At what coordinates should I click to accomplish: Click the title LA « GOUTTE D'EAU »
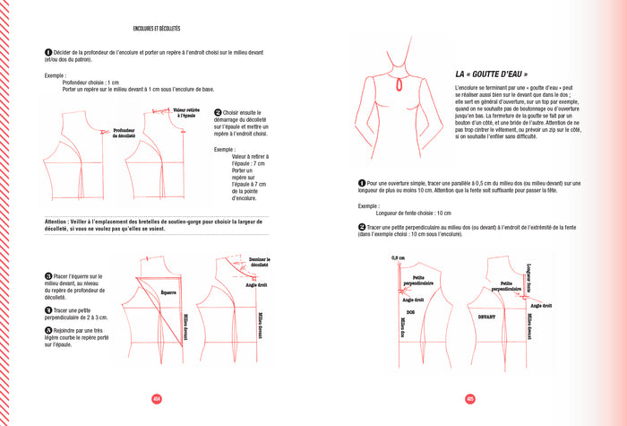tap(491, 74)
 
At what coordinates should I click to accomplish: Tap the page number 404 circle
tap(156, 398)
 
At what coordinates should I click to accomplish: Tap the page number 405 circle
tap(469, 398)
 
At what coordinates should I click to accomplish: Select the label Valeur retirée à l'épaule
tap(186, 113)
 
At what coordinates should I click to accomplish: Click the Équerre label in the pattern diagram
tap(167, 291)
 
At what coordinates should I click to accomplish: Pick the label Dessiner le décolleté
tap(259, 263)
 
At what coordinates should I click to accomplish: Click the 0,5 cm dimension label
tap(398, 258)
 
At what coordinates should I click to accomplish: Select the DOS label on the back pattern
tap(410, 312)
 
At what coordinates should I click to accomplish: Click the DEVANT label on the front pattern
tap(486, 316)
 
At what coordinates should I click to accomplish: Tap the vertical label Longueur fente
tap(529, 279)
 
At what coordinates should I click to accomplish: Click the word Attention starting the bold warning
tap(56, 220)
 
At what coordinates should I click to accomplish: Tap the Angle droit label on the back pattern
tap(413, 300)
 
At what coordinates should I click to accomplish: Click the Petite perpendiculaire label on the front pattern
tap(506, 286)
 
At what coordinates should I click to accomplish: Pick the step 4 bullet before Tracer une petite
tap(47, 309)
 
